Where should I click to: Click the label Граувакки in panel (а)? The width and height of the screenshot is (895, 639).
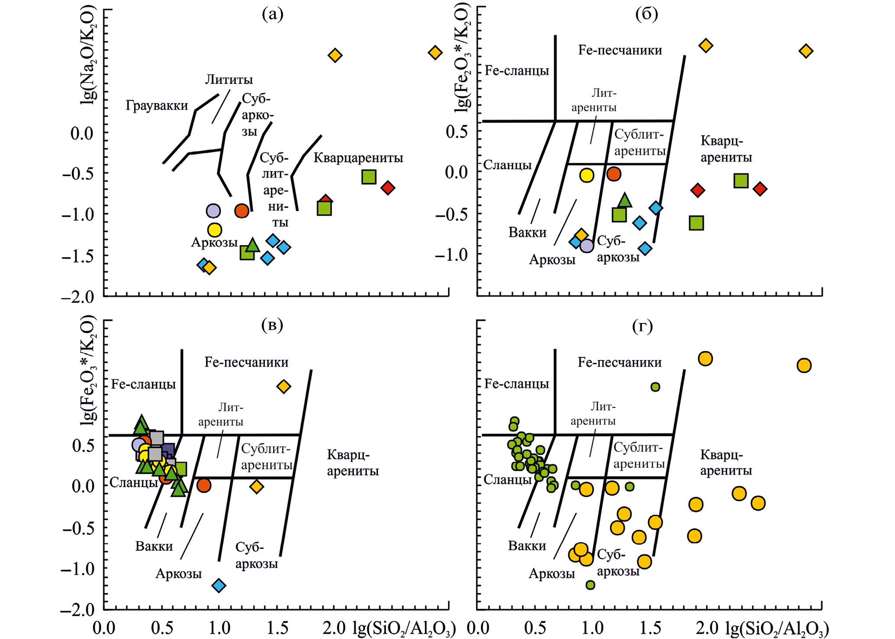point(157,106)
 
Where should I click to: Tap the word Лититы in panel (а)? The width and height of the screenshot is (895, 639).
point(229,80)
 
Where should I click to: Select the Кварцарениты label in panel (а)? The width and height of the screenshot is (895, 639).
point(358,158)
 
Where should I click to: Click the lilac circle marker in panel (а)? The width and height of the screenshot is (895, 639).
point(213,211)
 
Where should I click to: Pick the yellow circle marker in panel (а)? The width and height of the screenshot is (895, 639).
point(215,230)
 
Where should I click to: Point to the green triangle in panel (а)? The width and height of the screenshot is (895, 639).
point(253,245)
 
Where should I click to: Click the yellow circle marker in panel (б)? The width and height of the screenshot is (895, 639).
point(587,175)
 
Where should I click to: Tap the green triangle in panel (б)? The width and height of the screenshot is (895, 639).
point(624,200)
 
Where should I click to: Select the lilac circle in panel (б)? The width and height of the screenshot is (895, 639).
point(587,246)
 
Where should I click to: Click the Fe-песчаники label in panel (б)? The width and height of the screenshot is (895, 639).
point(620,50)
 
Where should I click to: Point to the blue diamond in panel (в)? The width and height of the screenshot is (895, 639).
point(219,585)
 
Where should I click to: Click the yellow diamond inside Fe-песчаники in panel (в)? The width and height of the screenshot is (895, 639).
point(284,386)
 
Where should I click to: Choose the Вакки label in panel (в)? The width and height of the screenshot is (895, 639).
point(154,546)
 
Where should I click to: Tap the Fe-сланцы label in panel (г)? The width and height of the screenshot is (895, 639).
point(517,384)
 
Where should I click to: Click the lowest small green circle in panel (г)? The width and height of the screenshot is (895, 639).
point(590,585)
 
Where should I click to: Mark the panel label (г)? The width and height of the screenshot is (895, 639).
point(643,326)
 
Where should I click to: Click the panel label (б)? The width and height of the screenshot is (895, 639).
point(646,14)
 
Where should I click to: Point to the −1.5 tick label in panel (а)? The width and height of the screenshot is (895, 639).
point(78,257)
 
